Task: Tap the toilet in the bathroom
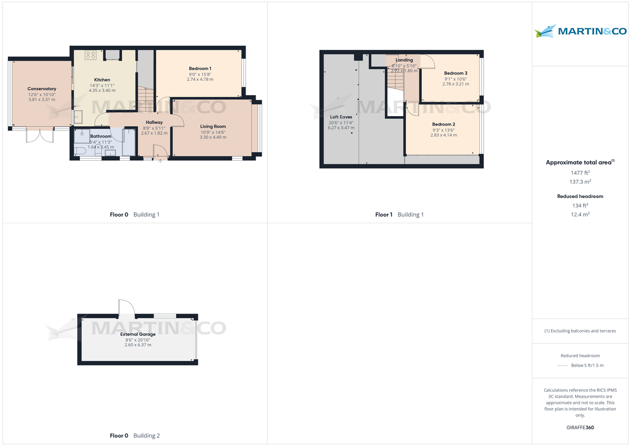(x=80, y=151)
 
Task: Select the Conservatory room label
(x=42, y=89)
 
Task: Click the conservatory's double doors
(x=40, y=134)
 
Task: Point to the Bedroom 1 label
(x=200, y=69)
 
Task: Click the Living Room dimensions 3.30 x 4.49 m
(x=213, y=137)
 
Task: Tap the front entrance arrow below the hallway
(x=160, y=161)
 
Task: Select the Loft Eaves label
(x=341, y=117)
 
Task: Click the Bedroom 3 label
(x=455, y=73)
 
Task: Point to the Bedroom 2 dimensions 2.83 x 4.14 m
(x=443, y=135)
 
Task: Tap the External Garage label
(x=137, y=334)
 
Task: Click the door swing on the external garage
(x=126, y=308)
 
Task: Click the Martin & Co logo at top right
(x=581, y=31)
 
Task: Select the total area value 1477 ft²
(x=581, y=172)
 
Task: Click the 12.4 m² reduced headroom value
(x=581, y=214)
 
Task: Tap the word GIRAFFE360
(x=581, y=428)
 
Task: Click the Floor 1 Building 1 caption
(x=399, y=214)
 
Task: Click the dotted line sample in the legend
(x=562, y=366)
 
